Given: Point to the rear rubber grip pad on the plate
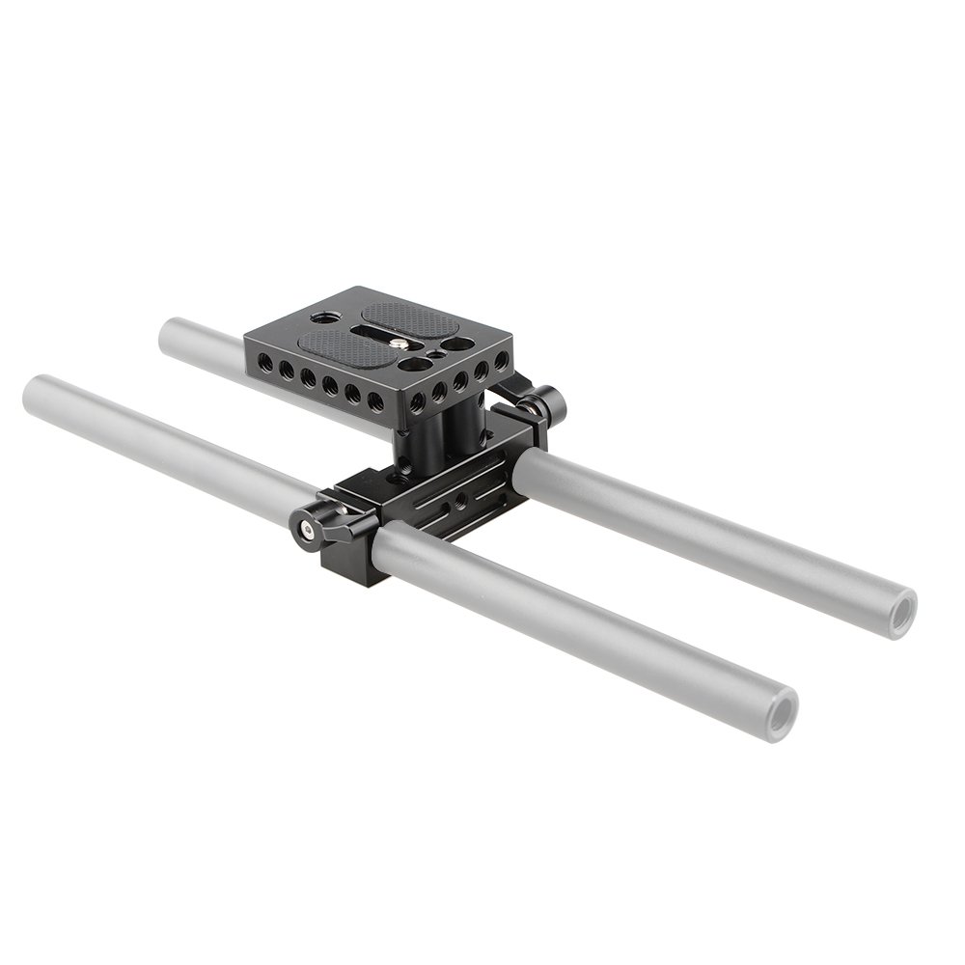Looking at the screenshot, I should coord(411,317).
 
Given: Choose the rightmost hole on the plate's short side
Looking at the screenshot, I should coord(501,360).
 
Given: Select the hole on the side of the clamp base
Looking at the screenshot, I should coord(460,501).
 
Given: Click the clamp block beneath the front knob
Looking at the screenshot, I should coord(352,560).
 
